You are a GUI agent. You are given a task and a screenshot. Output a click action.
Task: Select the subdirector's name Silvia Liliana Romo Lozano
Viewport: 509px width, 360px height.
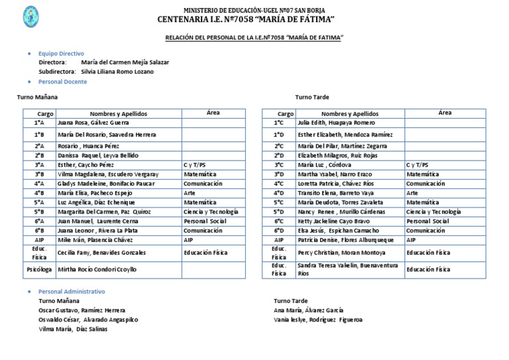click(x=117, y=71)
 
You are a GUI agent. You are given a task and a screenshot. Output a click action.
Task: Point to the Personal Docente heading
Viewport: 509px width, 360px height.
click(x=62, y=82)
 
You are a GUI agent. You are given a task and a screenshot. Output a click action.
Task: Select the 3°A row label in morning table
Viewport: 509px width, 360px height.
click(x=39, y=164)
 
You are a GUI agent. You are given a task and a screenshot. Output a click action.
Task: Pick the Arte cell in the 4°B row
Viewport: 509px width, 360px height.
click(x=190, y=192)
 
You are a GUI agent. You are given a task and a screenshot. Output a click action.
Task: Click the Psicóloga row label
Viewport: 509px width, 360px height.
click(x=39, y=270)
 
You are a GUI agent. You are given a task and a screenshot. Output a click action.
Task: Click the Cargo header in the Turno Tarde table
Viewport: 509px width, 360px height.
click(x=285, y=114)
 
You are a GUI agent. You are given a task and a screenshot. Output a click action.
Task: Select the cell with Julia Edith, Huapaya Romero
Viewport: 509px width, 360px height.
click(x=336, y=123)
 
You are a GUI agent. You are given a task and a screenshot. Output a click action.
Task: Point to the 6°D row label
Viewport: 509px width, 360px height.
click(x=279, y=230)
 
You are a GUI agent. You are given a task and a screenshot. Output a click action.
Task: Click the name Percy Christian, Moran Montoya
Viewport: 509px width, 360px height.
click(x=341, y=253)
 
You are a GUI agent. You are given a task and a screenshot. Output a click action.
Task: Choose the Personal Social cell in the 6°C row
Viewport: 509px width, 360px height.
click(x=427, y=221)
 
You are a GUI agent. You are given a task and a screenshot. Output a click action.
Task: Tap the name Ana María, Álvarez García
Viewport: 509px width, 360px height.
click(x=308, y=310)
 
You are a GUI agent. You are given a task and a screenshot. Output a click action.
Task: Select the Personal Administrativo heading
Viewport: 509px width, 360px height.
click(x=72, y=292)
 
